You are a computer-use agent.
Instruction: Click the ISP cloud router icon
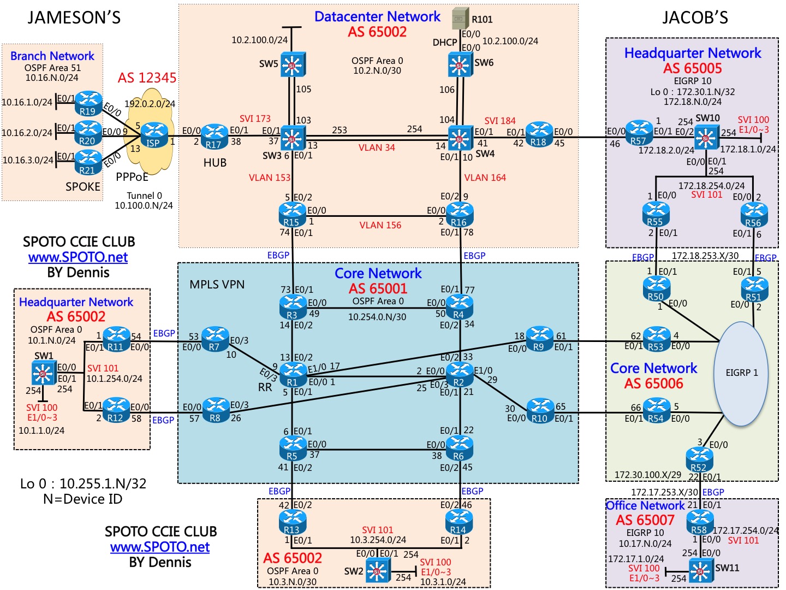(x=153, y=135)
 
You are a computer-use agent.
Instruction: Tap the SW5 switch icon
(x=293, y=64)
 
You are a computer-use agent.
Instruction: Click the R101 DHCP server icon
(x=461, y=18)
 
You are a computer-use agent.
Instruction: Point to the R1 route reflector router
(x=293, y=375)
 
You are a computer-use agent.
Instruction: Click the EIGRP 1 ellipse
(x=741, y=373)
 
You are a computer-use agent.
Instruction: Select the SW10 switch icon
(x=706, y=137)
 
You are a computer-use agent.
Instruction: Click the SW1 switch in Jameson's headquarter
(x=43, y=373)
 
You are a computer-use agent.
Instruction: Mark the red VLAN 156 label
(x=380, y=225)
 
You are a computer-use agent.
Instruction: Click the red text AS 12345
(x=147, y=78)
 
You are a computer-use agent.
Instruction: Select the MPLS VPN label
(x=217, y=285)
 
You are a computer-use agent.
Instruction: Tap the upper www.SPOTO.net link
(x=78, y=257)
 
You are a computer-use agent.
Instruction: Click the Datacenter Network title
(x=377, y=17)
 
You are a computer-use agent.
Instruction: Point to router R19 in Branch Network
(x=88, y=103)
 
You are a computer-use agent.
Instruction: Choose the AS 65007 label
(x=645, y=520)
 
